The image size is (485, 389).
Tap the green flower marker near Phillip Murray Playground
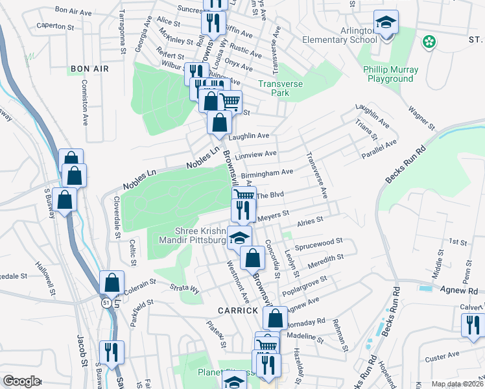point(428,42)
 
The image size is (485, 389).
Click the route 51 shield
point(105,302)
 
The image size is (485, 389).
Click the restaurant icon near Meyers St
point(243,209)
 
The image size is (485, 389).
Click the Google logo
point(21,381)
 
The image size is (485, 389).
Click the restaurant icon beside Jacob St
point(112,353)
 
